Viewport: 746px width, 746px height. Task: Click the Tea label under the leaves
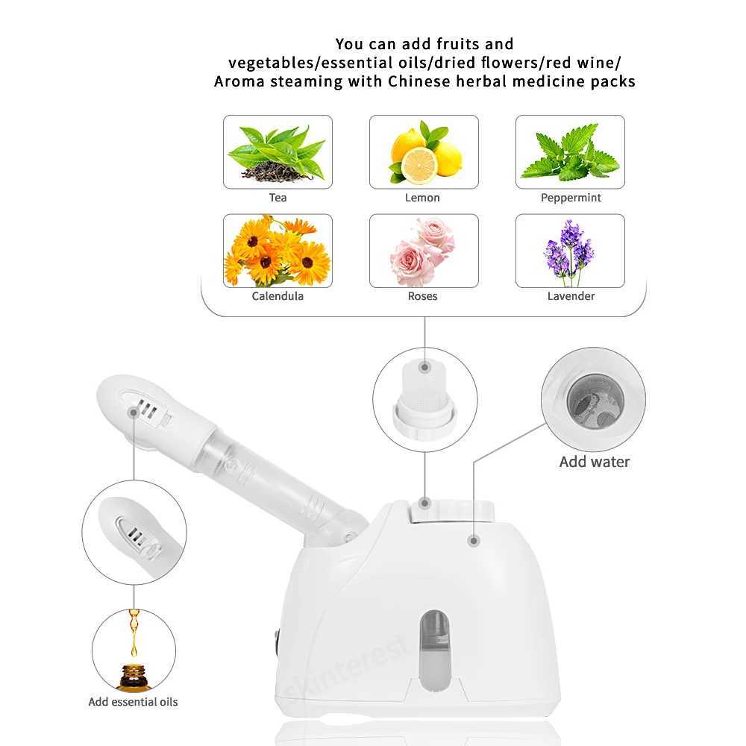(x=278, y=198)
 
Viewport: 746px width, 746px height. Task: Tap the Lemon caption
(x=422, y=198)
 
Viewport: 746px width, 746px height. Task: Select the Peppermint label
(x=571, y=198)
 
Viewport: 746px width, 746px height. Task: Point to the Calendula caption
(x=278, y=296)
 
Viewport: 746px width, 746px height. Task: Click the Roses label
(x=422, y=296)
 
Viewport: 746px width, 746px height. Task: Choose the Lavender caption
(x=571, y=296)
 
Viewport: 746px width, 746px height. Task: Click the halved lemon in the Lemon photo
(x=418, y=164)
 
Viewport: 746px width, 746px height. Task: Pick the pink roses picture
(x=422, y=251)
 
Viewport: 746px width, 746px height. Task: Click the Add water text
(x=595, y=462)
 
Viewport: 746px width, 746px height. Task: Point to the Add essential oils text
(x=133, y=701)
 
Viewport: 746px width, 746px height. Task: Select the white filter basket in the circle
(x=424, y=384)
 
